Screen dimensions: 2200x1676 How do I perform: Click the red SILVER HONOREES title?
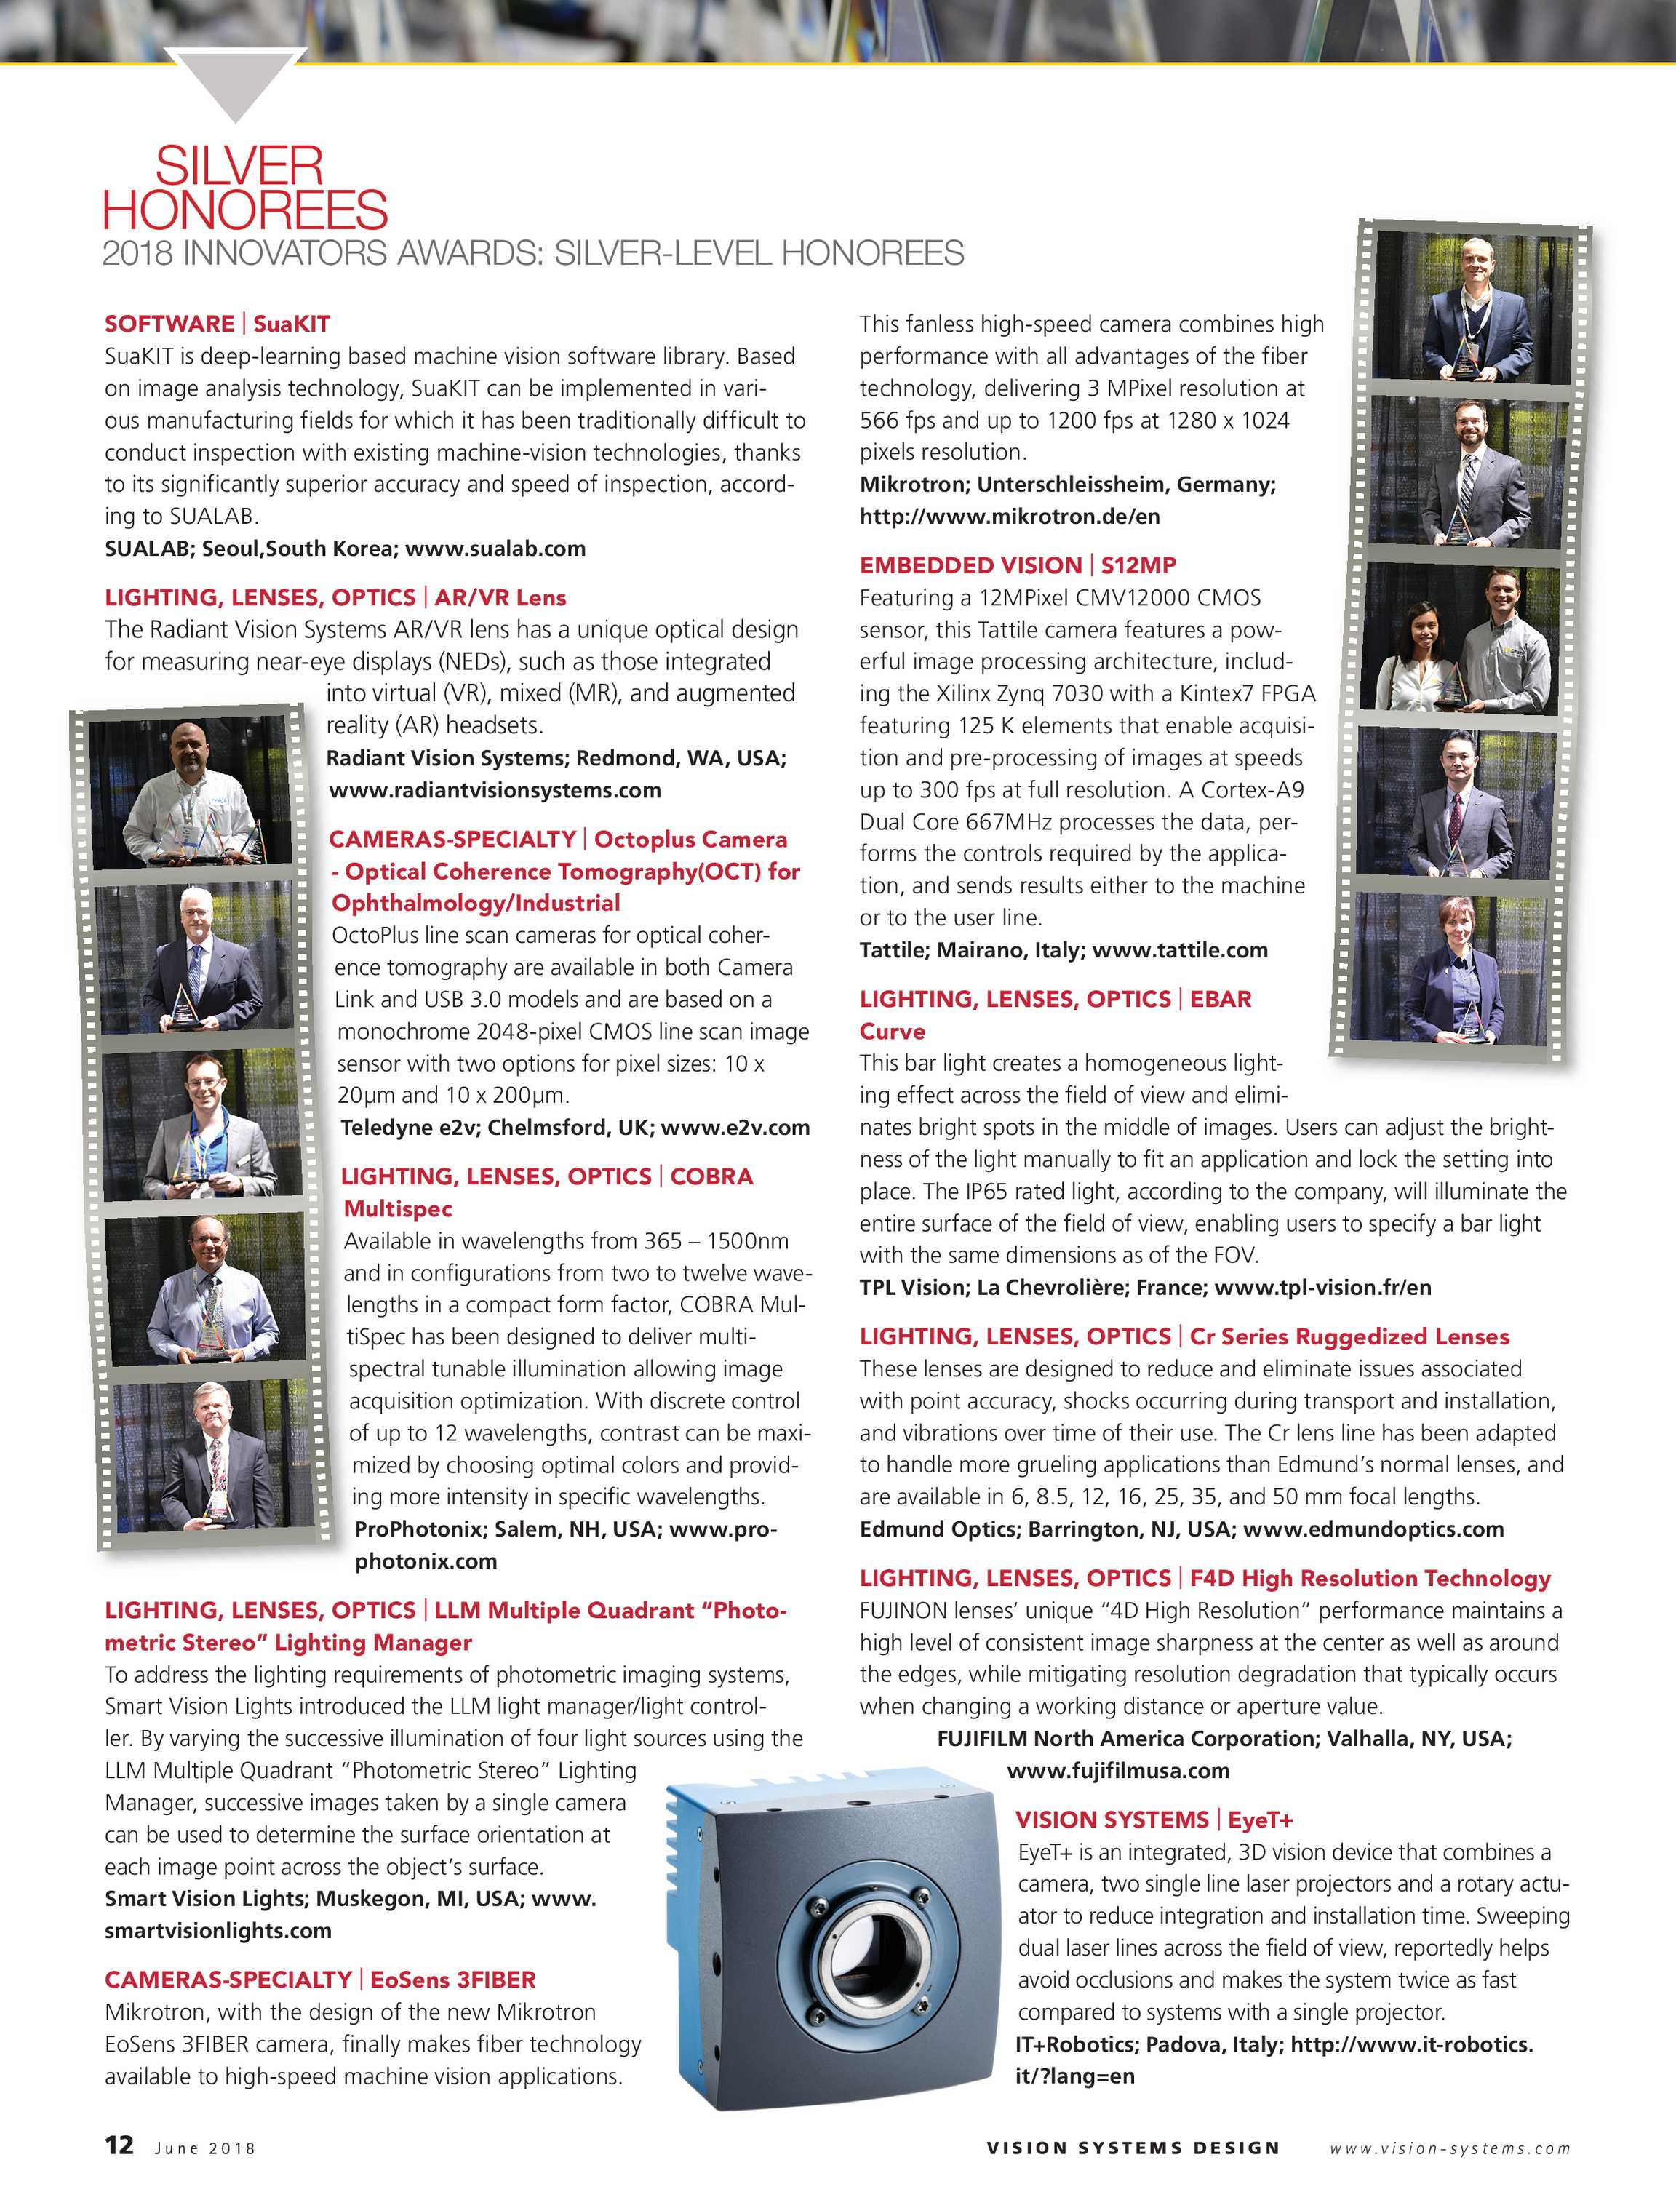coord(244,188)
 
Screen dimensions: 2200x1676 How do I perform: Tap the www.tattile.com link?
coord(1179,950)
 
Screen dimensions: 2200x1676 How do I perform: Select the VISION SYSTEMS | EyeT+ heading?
coord(1153,1819)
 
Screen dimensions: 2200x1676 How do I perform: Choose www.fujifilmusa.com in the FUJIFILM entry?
coord(1117,1770)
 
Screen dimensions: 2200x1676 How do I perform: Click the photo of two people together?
coord(1461,639)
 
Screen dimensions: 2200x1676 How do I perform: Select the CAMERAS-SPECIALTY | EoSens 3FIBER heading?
coord(320,1980)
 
